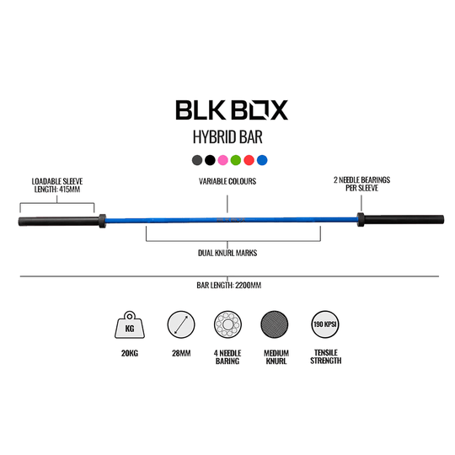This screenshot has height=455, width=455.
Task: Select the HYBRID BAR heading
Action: point(227,137)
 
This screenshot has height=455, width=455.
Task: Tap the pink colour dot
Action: point(222,159)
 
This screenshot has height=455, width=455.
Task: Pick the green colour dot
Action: point(235,159)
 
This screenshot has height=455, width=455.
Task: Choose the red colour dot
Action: point(249,159)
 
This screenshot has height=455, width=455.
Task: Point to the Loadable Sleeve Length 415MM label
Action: point(56,185)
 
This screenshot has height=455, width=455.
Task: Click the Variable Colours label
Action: point(227,180)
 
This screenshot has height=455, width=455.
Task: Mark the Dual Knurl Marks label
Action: point(227,252)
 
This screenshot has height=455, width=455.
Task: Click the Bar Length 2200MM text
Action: point(227,285)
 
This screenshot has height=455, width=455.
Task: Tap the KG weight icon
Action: point(128,326)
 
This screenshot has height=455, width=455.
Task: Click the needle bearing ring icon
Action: point(227,326)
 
